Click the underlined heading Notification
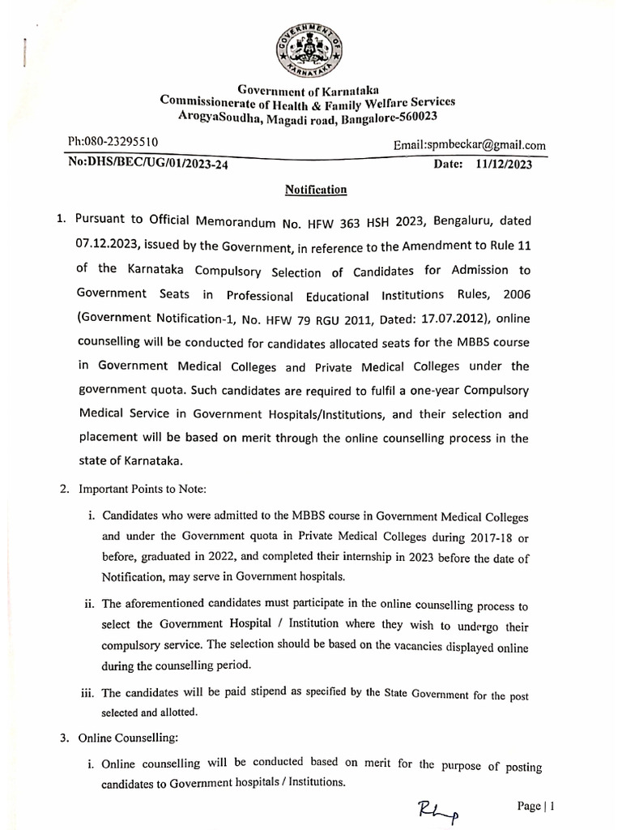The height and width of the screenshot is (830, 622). click(x=315, y=190)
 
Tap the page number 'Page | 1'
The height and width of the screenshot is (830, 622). click(x=535, y=806)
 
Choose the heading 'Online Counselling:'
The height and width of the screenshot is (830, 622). click(x=126, y=738)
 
